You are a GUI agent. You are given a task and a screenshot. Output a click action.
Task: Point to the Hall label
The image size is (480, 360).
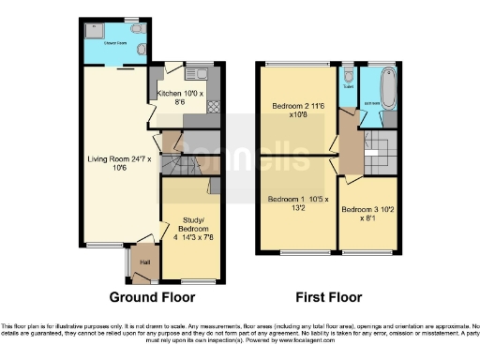(145, 262)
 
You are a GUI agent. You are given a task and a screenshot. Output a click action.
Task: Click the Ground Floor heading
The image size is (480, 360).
(152, 297)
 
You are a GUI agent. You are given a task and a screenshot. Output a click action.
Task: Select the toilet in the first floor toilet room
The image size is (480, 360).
(348, 75)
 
